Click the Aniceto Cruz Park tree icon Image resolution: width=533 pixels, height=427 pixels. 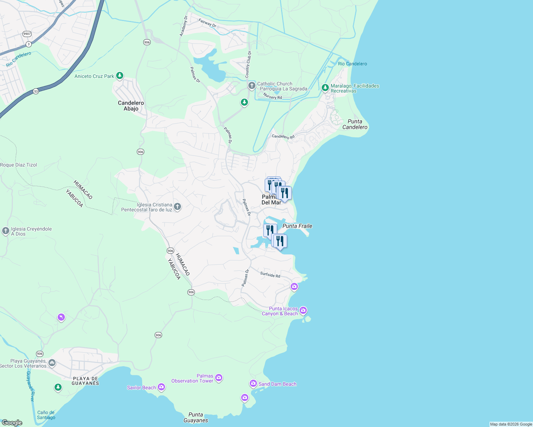pos(120,75)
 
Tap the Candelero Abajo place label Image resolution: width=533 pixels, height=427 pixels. pos(131,106)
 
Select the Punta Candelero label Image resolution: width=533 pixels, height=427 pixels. pos(355,124)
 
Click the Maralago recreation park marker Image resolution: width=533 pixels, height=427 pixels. pos(325,88)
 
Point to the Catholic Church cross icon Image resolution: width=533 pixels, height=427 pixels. pos(252,85)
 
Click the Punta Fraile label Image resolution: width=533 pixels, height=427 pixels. pos(297,226)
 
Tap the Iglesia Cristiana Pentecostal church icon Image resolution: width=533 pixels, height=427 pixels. pos(177,206)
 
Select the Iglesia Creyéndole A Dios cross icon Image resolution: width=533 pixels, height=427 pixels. pos(5,231)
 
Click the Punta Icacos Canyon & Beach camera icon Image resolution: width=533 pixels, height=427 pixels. pos(303,311)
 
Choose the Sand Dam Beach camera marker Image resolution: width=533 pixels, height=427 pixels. pos(253,383)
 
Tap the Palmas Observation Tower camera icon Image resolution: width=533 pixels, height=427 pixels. pos(219,378)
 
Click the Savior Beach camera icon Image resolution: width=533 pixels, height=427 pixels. pos(161,387)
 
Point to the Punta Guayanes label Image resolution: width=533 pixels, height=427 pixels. pos(196,417)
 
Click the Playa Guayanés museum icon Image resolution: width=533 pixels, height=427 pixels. pos(52,363)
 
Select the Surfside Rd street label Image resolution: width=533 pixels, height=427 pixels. pos(270,275)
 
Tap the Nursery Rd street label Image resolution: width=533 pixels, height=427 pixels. pos(273,96)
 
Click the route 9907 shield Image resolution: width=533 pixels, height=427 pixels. pos(27,34)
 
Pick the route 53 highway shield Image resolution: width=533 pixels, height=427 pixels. pos(36,91)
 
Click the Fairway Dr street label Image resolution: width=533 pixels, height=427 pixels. pos(207,23)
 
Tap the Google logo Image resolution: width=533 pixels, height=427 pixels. pos(12,423)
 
